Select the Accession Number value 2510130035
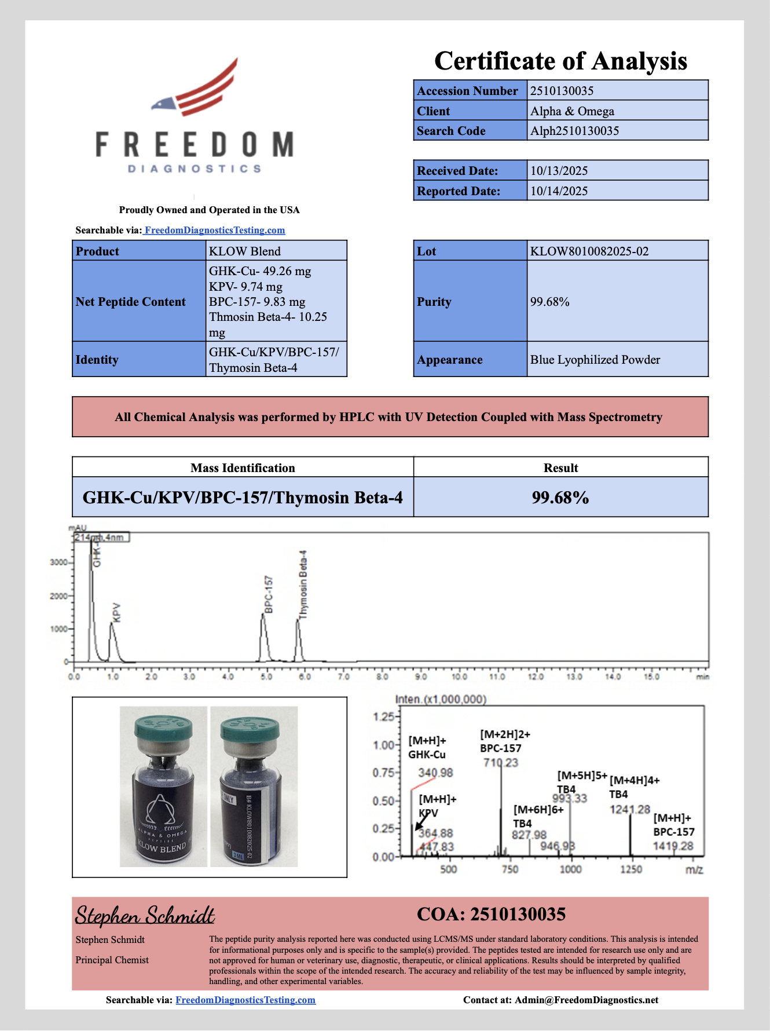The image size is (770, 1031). click(x=562, y=91)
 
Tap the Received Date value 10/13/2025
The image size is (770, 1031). click(x=559, y=171)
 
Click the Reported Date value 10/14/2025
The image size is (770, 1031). click(x=559, y=191)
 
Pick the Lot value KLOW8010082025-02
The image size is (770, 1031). click(x=589, y=251)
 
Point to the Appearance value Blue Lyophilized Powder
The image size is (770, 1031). click(x=595, y=360)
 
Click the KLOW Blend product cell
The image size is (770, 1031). click(x=245, y=251)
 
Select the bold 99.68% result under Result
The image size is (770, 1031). click(x=560, y=498)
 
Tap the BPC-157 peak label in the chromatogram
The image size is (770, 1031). click(x=269, y=594)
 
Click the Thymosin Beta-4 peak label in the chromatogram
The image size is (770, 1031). click(x=304, y=584)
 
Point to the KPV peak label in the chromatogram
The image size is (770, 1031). click(x=117, y=613)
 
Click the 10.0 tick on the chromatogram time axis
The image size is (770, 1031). click(x=459, y=677)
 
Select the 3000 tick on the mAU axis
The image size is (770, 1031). click(x=58, y=562)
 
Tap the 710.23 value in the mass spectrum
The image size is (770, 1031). click(x=501, y=763)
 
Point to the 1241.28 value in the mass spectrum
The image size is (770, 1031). click(x=630, y=809)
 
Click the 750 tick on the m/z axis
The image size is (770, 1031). click(x=509, y=869)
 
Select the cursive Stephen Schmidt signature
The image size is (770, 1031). click(x=145, y=916)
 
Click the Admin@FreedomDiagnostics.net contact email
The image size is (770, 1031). click(x=586, y=1000)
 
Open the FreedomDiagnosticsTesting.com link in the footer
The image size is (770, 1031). click(x=245, y=1000)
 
